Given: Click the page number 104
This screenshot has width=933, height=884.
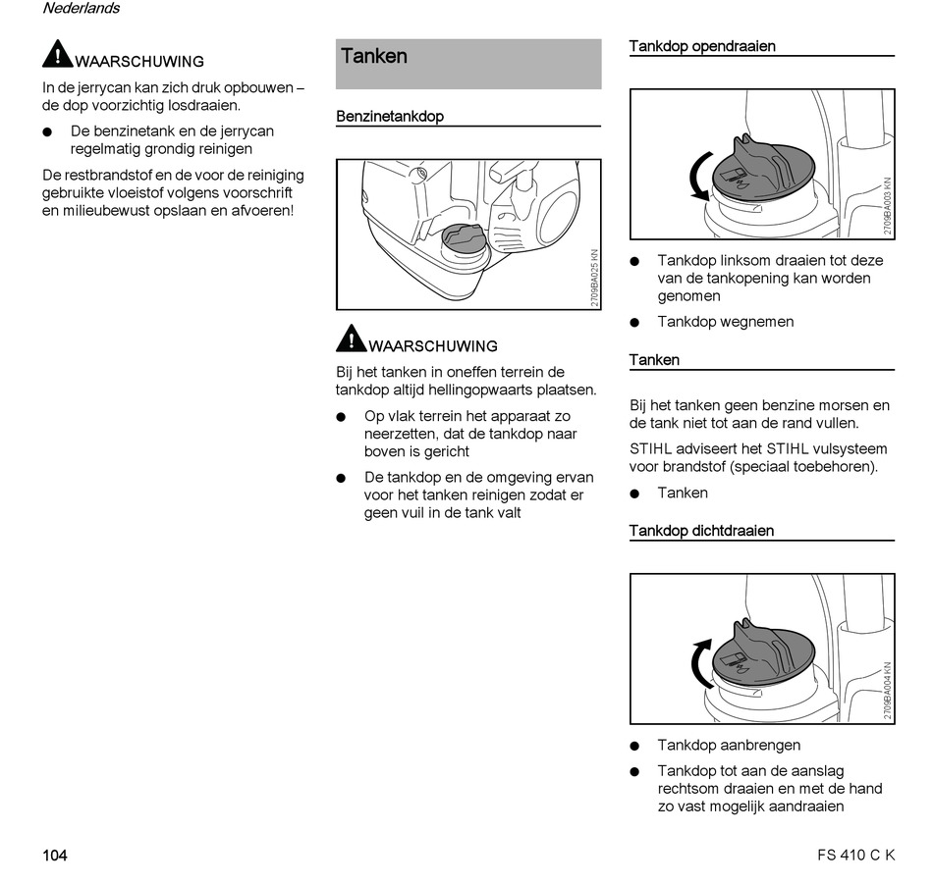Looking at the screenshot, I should (x=55, y=856).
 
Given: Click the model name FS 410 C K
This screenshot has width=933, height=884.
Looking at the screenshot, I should (x=855, y=856).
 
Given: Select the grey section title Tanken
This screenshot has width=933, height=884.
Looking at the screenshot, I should (x=374, y=57).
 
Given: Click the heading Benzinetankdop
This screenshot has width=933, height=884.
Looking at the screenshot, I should (x=390, y=117).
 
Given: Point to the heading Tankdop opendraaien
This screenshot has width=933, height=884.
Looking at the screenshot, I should (x=702, y=46).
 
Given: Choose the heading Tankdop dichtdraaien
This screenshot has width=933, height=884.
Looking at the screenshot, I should (x=701, y=531).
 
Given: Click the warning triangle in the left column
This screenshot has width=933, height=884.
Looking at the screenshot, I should (x=58, y=53).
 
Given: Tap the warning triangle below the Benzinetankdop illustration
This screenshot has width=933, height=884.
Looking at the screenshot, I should (x=351, y=338).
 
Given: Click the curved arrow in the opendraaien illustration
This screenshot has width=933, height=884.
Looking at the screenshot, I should (x=698, y=177).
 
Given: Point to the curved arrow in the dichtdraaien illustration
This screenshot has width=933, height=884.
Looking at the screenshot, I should (x=699, y=662).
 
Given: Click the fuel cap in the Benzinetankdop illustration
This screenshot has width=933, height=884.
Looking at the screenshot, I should (x=461, y=237).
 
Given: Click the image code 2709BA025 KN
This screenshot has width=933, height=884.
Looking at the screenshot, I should (x=594, y=279).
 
